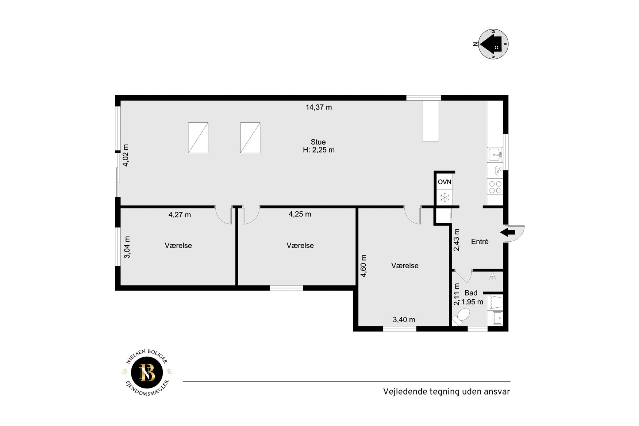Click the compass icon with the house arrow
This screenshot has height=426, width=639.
click(x=493, y=44)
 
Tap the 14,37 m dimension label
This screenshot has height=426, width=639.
click(x=319, y=107)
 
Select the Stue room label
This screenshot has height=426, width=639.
click(x=318, y=142)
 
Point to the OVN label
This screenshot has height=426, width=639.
click(x=444, y=182)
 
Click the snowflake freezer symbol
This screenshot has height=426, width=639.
click(x=445, y=197)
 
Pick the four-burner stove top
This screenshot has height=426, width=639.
click(x=495, y=187)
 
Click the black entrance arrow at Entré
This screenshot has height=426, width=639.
click(x=508, y=232)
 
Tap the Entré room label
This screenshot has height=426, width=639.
click(x=480, y=242)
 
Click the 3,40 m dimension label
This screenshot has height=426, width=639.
click(x=404, y=320)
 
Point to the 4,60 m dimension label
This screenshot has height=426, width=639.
click(x=363, y=266)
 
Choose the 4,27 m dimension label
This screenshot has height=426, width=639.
click(x=180, y=215)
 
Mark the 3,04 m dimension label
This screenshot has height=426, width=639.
click(x=127, y=247)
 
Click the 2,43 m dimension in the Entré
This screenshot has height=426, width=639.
click(x=457, y=240)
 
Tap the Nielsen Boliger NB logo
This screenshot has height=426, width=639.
click(x=147, y=372)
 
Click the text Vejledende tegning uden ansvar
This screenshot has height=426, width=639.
click(x=446, y=392)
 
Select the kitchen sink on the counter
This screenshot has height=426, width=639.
click(x=495, y=155)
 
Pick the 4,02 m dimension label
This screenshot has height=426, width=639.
click(x=126, y=156)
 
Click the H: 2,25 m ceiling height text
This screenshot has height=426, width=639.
click(x=319, y=150)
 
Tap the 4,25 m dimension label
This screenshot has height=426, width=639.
click(x=300, y=214)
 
